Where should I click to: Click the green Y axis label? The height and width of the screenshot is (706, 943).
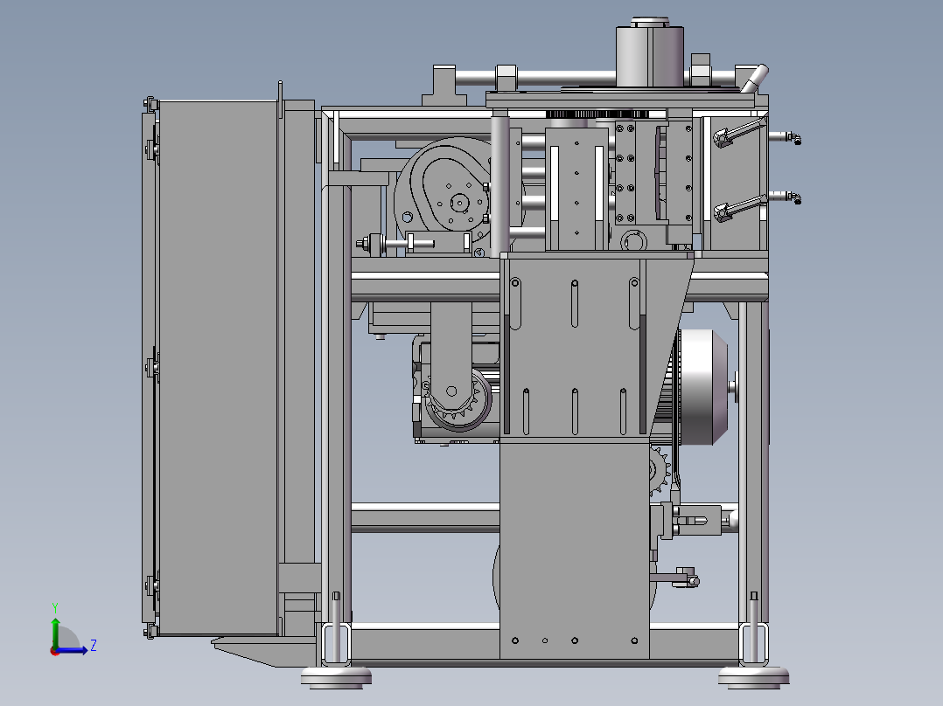(55, 607)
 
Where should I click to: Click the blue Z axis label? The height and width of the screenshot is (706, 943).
(94, 646)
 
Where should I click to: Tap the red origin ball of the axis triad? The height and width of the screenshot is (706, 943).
(55, 651)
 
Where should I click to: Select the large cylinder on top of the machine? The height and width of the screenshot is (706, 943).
(649, 53)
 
